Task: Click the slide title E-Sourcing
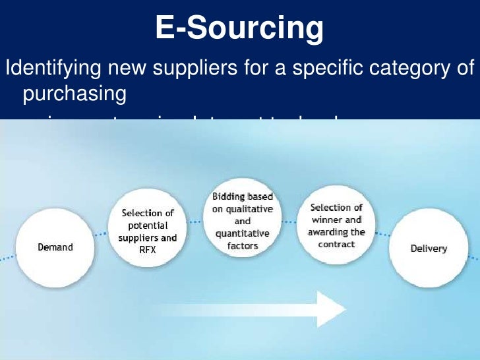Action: pyautogui.click(x=240, y=29)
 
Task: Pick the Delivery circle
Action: pyautogui.click(x=428, y=249)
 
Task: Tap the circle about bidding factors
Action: pyautogui.click(x=242, y=222)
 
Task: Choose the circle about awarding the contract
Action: pyautogui.click(x=336, y=226)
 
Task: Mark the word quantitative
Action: pyautogui.click(x=242, y=234)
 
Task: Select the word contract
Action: pyautogui.click(x=336, y=244)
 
